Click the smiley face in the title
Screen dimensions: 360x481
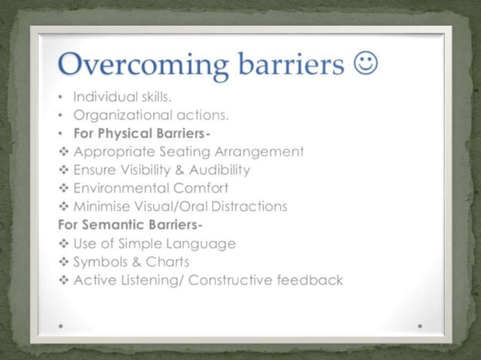pos(365,66)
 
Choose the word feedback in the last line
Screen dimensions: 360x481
pos(310,280)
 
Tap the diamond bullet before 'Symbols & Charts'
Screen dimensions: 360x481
pos(63,262)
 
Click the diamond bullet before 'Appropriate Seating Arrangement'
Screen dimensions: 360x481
pos(63,152)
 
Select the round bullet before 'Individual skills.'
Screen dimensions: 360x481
pos(60,98)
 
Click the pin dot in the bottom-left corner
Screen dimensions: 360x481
pos(61,326)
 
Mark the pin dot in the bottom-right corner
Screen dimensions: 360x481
pos(419,326)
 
